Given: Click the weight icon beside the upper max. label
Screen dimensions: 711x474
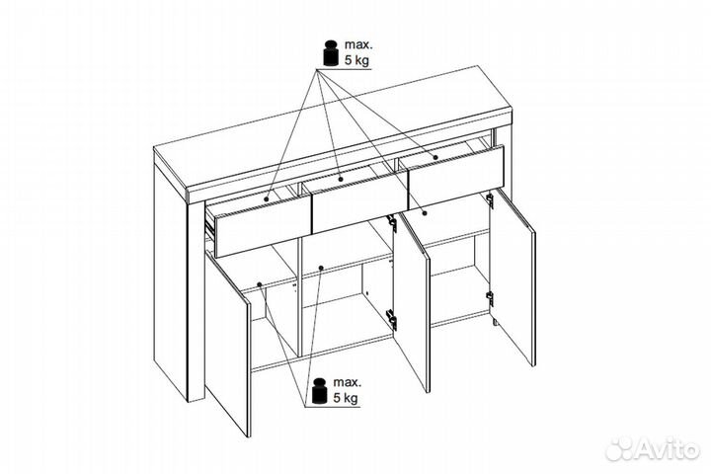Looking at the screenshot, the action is click(x=331, y=53).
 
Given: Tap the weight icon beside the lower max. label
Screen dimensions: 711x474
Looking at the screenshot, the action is click(x=320, y=390).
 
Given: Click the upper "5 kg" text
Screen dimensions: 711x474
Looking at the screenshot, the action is click(x=356, y=60).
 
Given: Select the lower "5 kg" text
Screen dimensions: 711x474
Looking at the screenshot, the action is click(x=346, y=398).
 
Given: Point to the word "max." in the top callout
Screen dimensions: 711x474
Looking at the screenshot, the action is click(x=358, y=44).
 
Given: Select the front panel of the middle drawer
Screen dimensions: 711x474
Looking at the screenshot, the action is click(x=359, y=205).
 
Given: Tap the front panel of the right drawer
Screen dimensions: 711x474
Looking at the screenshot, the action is click(x=455, y=177).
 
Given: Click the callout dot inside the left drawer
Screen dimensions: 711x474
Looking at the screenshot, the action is click(x=267, y=198).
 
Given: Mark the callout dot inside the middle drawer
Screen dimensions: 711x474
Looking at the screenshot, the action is click(x=341, y=179).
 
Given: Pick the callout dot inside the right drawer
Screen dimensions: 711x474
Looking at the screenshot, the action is click(x=435, y=157).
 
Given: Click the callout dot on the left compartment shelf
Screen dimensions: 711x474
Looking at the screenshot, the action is click(x=259, y=284).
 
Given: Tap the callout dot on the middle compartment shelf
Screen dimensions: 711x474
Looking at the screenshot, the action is click(x=321, y=268).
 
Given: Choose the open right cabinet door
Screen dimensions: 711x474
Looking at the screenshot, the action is click(x=513, y=277).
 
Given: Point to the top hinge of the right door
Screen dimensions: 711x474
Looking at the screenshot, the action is click(x=490, y=200).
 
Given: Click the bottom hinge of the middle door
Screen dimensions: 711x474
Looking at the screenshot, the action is click(x=391, y=318).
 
